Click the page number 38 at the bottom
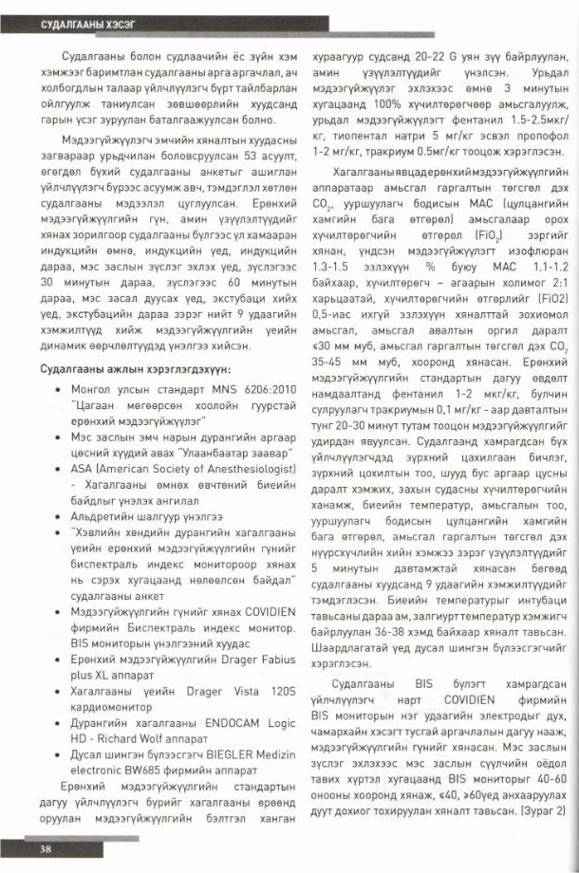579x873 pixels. point(45,848)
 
